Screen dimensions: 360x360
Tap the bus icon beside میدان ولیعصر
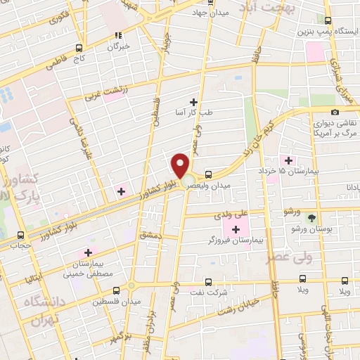pos(209,174)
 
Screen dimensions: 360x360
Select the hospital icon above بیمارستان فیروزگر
pos(236,229)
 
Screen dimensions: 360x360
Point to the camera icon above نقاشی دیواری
pos(335,112)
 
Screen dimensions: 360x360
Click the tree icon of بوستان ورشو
pos(311,218)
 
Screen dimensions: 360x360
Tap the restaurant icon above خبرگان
pos(118,34)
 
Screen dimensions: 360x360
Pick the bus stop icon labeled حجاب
pos(19,236)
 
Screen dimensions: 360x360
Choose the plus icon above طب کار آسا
pos(194,103)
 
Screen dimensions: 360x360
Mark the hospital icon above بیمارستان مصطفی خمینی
pos(88,252)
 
